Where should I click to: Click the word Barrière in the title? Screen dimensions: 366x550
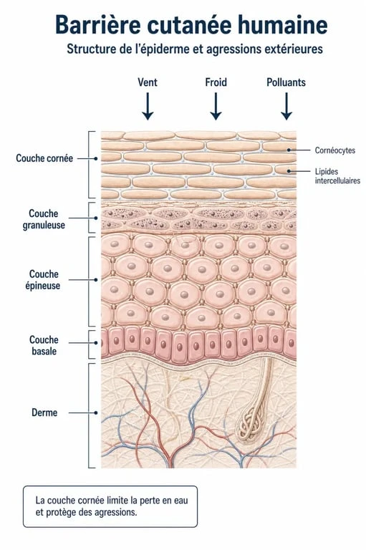point(98,24)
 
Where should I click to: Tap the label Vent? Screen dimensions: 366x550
point(148,82)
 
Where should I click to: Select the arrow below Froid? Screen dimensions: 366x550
point(216,106)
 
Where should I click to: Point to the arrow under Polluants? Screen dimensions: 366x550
point(286,106)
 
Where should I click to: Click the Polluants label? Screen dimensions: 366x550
point(286,82)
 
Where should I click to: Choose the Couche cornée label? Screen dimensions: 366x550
point(44,158)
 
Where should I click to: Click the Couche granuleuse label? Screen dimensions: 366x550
point(44,219)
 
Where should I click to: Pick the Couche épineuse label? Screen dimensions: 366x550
point(43,279)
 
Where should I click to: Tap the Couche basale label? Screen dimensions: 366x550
point(44,345)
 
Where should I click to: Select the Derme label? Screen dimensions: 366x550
point(44,412)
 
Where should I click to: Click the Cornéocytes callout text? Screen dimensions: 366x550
point(334,150)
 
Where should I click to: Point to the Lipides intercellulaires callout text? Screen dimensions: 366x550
point(337,176)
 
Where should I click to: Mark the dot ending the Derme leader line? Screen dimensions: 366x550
point(96,412)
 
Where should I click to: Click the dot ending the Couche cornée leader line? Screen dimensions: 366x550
point(96,158)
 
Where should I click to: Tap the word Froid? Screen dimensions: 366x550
point(216,82)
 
